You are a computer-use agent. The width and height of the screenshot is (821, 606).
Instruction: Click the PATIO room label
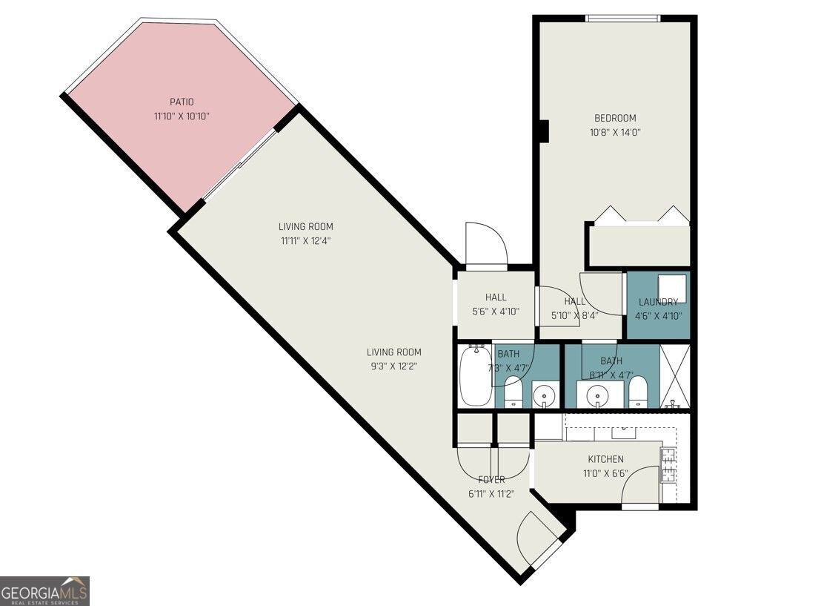click(182, 102)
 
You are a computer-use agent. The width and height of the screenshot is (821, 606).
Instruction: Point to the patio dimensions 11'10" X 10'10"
click(182, 116)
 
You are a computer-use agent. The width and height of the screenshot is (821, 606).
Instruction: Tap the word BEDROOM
click(615, 118)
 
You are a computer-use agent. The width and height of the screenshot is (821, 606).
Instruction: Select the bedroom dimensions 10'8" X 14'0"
click(615, 133)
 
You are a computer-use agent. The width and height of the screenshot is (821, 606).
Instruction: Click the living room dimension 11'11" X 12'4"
click(306, 241)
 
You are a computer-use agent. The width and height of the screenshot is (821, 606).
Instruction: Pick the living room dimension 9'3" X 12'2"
click(393, 366)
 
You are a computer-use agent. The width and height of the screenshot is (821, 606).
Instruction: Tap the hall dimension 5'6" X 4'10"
click(496, 312)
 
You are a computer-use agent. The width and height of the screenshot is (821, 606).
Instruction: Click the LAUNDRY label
click(658, 302)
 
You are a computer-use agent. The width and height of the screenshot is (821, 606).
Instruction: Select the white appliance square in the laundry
click(672, 287)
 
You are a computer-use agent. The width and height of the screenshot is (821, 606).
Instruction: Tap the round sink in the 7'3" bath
click(545, 394)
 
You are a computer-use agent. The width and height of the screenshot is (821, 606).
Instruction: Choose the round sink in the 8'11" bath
click(595, 394)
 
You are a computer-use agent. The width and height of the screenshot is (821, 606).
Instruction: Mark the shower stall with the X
click(674, 376)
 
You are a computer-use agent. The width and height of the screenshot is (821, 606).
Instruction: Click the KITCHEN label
click(606, 459)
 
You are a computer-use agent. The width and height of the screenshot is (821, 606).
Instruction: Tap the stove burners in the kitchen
click(668, 465)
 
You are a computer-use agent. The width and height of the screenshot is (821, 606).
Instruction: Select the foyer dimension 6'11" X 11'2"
click(492, 494)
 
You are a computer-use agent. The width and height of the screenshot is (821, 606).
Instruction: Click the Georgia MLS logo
click(45, 591)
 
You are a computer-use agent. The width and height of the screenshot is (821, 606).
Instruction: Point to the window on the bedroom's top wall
click(622, 19)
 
